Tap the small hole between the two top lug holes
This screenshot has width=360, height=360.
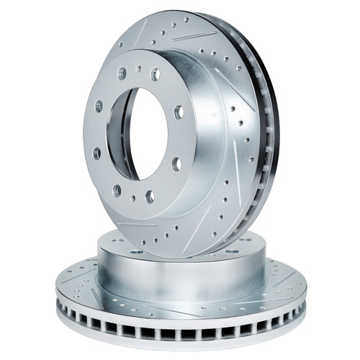tap(139, 71)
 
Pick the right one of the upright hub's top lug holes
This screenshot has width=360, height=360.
tap(155, 73)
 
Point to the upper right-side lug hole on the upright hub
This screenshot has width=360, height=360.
tap(179, 112)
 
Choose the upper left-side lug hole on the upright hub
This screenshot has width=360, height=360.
tap(99, 106)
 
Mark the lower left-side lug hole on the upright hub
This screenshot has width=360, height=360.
tap(96, 153)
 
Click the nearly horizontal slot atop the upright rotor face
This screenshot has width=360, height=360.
tap(194, 35)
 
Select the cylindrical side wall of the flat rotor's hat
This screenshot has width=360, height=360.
tap(180, 274)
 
